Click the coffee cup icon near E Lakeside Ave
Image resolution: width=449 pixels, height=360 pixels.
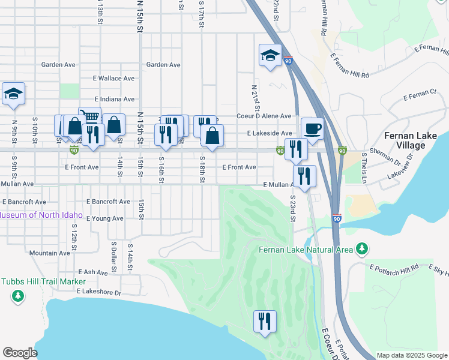(312, 128)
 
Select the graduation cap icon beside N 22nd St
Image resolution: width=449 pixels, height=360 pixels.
(270, 56)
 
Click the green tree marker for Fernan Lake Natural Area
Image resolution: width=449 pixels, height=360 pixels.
(361, 248)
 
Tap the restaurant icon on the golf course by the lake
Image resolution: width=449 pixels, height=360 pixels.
(265, 321)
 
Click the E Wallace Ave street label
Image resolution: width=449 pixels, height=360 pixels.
(113, 79)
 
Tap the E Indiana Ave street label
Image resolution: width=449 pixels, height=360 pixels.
(114, 99)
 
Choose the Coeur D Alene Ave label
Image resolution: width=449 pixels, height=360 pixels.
(264, 116)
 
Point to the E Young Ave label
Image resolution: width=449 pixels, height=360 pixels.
(104, 218)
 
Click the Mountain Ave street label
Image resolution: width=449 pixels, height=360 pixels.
(50, 253)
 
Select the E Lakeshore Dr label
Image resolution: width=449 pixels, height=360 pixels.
(99, 293)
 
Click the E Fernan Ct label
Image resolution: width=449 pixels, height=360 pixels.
(420, 94)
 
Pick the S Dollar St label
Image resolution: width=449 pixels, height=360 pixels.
(113, 256)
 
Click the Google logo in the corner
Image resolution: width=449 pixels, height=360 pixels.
(20, 353)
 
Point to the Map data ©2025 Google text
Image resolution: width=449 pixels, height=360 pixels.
(411, 355)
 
